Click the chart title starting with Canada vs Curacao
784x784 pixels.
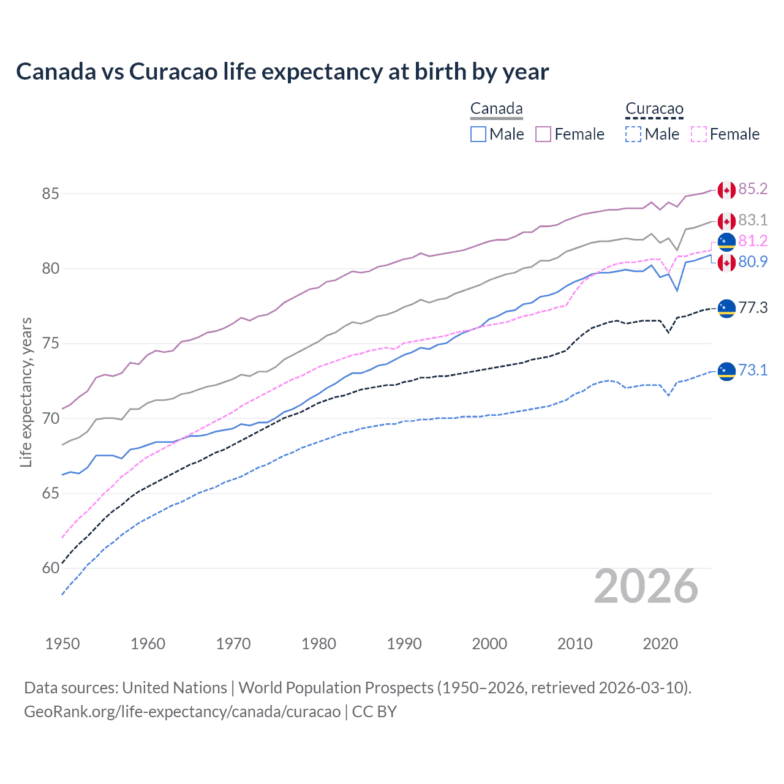point(282,72)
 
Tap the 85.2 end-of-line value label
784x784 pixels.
point(753,189)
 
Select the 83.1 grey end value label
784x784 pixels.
point(753,220)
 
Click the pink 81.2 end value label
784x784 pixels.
point(753,241)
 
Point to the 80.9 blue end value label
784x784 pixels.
point(753,262)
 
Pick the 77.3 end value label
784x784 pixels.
point(753,307)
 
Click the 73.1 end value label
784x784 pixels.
point(753,370)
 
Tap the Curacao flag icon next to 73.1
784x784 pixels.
point(726,371)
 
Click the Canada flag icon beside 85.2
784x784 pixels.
point(726,190)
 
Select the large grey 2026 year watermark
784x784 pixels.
point(646,586)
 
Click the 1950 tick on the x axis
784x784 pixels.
point(62,644)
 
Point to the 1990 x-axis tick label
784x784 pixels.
point(404,644)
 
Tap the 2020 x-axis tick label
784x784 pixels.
point(660,644)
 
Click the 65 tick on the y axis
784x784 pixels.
point(50,493)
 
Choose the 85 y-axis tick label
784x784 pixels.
point(50,194)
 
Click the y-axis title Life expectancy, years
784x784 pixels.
point(26,392)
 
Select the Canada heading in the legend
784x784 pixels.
point(496,109)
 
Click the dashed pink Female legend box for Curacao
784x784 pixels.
point(698,134)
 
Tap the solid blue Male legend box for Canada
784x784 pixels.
point(478,134)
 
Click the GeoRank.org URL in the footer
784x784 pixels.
point(182,712)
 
